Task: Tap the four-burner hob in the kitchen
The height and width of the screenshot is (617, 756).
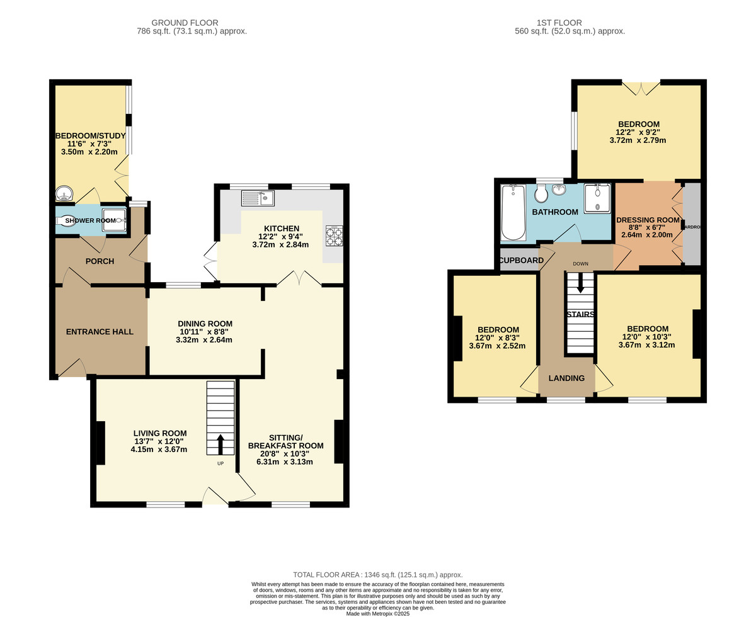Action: click(334, 235)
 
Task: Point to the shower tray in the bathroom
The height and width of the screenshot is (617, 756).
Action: click(596, 198)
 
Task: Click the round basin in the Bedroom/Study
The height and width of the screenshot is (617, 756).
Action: click(64, 193)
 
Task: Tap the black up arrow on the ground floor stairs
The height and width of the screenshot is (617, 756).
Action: click(220, 444)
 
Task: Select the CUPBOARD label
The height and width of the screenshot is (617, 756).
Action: click(521, 261)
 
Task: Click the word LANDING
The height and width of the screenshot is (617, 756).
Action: click(566, 378)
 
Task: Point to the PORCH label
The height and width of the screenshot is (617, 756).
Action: click(100, 261)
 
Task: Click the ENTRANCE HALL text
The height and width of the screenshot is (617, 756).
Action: click(100, 332)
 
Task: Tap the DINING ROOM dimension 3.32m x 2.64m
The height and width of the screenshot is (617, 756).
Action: click(205, 340)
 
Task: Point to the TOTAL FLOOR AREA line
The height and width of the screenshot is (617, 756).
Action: click(378, 575)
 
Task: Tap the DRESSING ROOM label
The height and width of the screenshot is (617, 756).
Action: click(648, 220)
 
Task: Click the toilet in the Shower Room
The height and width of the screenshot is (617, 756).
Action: click(66, 220)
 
